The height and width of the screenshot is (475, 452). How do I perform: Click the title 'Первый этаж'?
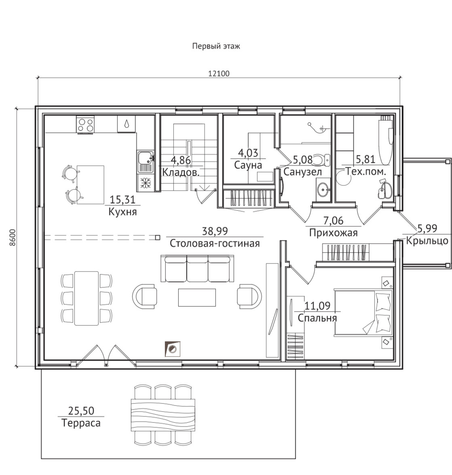tap(216, 47)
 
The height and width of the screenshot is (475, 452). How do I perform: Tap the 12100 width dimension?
tap(219, 74)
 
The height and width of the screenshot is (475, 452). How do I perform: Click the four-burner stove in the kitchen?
tap(85, 125)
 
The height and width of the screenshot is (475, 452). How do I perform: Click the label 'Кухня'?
tap(123, 212)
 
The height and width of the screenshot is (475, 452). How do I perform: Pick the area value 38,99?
tap(215, 231)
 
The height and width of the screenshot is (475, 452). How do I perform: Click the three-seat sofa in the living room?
tap(198, 269)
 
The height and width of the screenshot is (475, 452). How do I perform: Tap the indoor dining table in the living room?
tap(87, 298)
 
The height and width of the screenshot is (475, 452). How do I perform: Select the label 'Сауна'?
tap(248, 165)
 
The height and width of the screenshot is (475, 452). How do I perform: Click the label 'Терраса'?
tap(81, 423)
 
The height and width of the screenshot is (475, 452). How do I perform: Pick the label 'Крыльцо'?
tap(427, 241)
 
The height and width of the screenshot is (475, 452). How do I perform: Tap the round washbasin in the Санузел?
tap(323, 190)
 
